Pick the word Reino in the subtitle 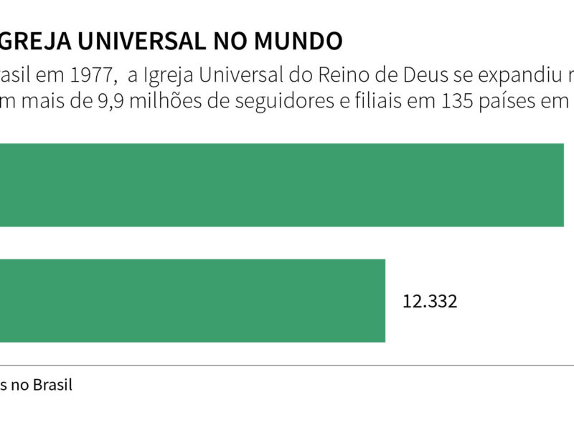coord(347,75)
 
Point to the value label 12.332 coord(430,301)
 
